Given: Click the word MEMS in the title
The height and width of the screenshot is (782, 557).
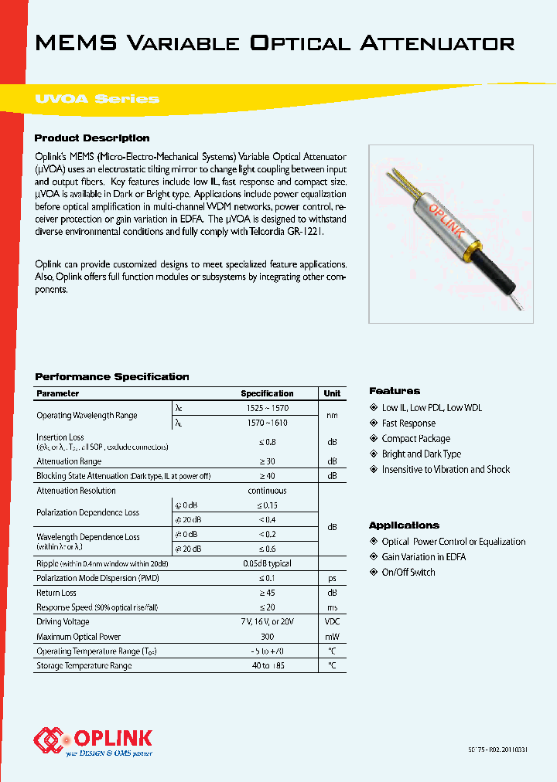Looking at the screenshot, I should click(75, 42).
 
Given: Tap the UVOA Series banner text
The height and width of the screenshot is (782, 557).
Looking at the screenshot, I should click(97, 99).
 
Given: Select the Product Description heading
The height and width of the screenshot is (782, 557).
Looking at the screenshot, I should click(92, 138).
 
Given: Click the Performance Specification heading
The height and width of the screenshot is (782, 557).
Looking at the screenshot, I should click(112, 377).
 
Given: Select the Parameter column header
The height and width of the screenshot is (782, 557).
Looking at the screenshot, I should click(58, 393).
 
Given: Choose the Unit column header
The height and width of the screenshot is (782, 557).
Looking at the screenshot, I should click(332, 393).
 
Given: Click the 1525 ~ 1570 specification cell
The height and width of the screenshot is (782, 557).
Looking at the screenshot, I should click(267, 407).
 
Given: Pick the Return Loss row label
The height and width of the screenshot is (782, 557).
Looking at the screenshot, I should click(56, 593).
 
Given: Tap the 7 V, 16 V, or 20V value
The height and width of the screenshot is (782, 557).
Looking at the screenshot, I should click(267, 621).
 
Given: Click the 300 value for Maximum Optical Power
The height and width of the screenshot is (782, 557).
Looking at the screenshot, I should click(267, 637).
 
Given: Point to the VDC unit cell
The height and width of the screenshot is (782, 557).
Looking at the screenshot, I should click(332, 621).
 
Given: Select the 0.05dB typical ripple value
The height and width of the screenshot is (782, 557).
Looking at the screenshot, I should click(267, 563).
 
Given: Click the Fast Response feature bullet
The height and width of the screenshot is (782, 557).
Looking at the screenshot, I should click(408, 423).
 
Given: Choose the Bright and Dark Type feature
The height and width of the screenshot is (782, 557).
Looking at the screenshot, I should click(421, 454).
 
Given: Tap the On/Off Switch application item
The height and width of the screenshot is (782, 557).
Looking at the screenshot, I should click(408, 573).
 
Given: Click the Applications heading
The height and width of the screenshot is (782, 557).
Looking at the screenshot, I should click(404, 525).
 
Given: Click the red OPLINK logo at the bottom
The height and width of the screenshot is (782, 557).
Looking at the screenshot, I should click(94, 739).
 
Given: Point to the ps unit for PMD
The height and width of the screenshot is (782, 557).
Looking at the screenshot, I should click(332, 577).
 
